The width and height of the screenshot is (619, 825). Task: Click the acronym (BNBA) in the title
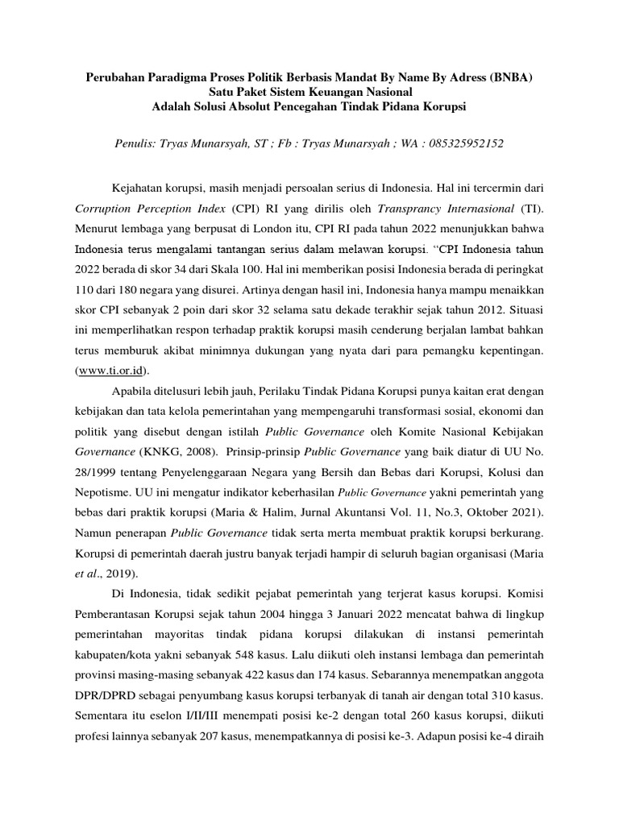click(x=505, y=78)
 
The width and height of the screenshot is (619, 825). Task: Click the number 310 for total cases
click(x=505, y=694)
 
